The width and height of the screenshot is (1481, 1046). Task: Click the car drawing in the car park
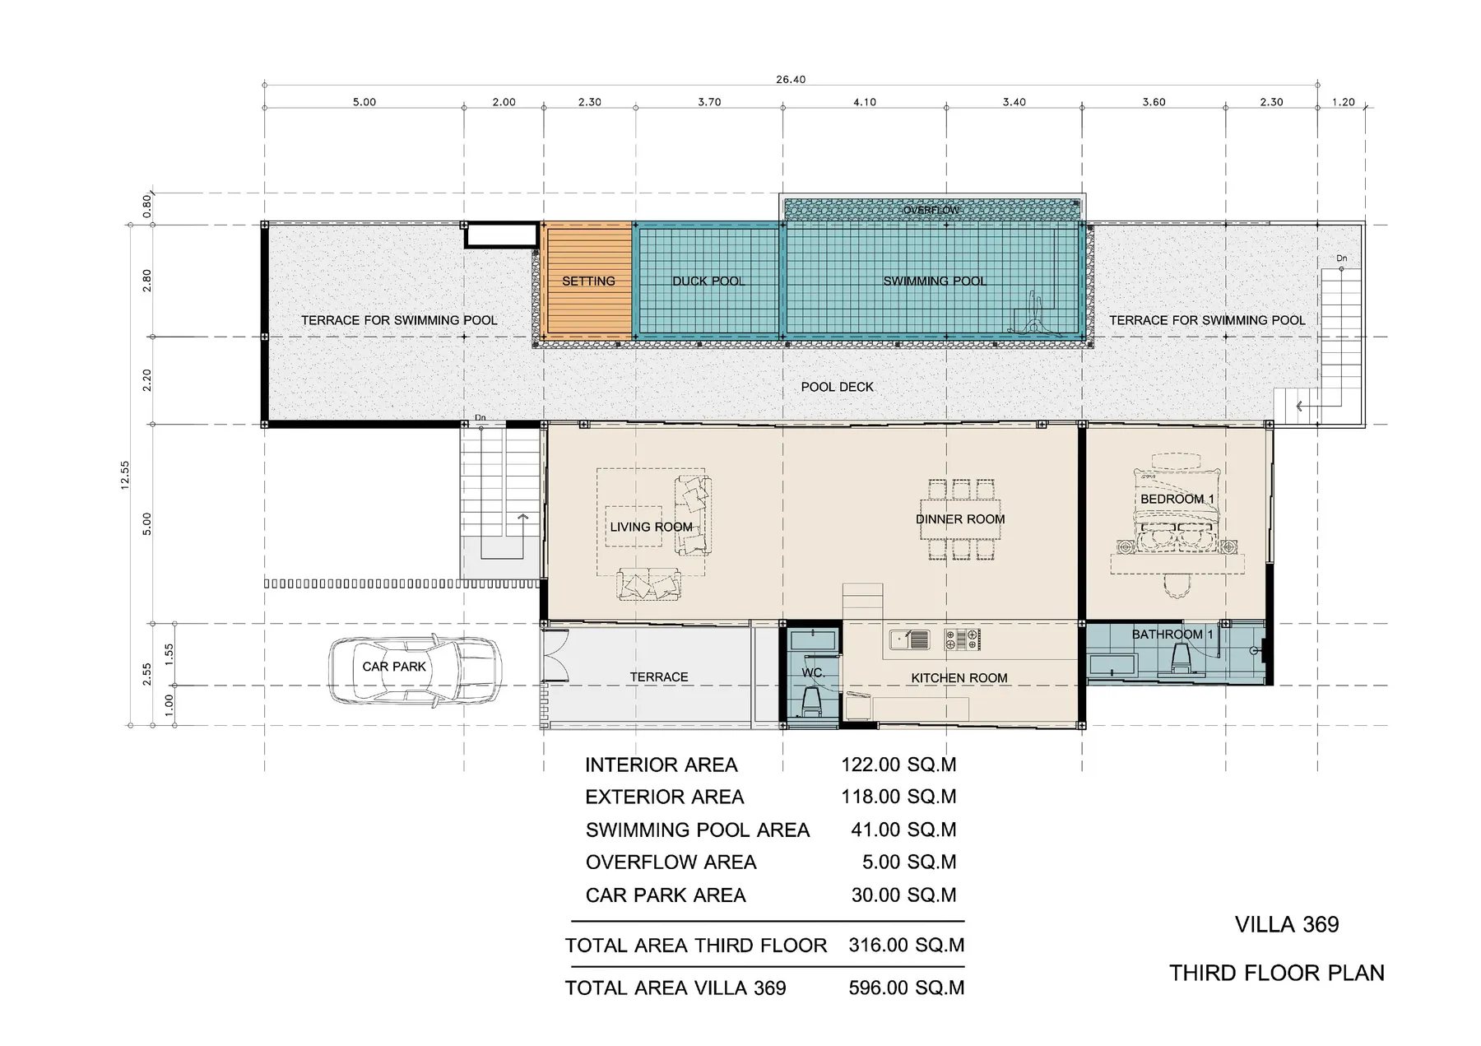point(414,671)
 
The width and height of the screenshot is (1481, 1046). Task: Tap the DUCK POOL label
point(708,281)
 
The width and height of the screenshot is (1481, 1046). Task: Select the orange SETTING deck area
point(587,281)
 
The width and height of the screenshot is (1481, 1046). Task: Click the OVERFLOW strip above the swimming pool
point(931,210)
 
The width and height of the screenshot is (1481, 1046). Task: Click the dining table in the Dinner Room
point(960,519)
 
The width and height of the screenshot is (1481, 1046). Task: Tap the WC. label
point(813,673)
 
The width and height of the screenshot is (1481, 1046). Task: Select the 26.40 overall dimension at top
point(790,80)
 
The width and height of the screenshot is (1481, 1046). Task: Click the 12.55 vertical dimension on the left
point(124,476)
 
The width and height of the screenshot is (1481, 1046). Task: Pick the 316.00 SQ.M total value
point(906,946)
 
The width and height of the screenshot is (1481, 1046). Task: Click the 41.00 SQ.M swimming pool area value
point(903,830)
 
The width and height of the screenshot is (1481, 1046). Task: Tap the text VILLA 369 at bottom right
point(1286,925)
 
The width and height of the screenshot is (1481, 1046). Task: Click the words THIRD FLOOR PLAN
point(1277,974)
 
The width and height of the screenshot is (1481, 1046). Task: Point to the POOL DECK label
point(837,387)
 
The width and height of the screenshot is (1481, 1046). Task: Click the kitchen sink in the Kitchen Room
point(910,639)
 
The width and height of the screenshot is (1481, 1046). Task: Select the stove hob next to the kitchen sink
point(963,639)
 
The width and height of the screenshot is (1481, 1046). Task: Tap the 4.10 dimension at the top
point(864,103)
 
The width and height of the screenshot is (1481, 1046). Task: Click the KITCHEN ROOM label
point(959,678)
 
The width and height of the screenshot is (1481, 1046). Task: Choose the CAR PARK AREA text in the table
point(666,895)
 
